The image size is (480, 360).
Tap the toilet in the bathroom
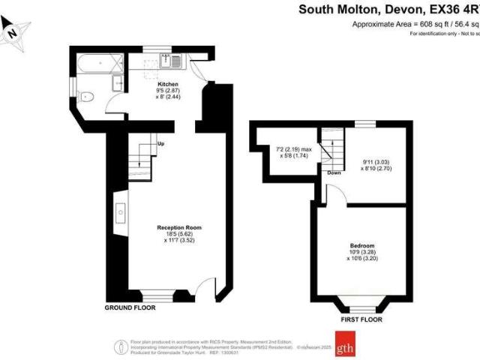pyautogui.click(x=86, y=96)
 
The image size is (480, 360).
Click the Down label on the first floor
pyautogui.click(x=334, y=173)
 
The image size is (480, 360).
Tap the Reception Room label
pyautogui.click(x=178, y=226)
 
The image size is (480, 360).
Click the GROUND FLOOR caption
pyautogui.click(x=130, y=308)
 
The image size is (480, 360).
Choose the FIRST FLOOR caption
pyautogui.click(x=362, y=318)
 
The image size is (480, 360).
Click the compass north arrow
pyautogui.click(x=13, y=32)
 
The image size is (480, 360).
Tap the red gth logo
pyautogui.click(x=346, y=348)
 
